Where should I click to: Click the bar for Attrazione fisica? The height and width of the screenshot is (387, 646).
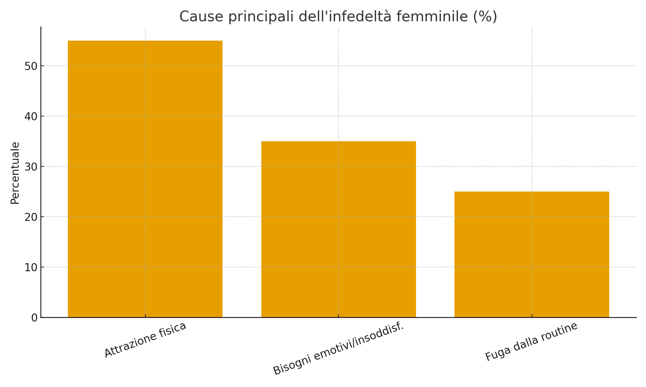coord(145,179)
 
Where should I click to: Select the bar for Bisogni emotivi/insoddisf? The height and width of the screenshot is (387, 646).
coord(339,229)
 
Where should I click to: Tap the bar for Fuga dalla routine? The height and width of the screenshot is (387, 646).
coord(532,254)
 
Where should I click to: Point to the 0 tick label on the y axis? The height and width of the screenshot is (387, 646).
coord(34,318)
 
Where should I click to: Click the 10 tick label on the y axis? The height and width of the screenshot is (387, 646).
coord(30,268)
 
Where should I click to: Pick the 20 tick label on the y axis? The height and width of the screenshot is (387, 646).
coord(30,217)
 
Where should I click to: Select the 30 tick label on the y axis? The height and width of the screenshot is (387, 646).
coord(30,167)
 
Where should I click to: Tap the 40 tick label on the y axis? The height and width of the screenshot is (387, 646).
coord(30,117)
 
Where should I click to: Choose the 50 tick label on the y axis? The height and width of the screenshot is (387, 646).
coord(30,66)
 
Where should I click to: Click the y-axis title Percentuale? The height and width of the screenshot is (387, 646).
coord(15,173)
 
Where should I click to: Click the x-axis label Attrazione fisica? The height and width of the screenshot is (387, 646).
coord(145,340)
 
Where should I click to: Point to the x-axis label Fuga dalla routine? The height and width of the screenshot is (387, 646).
coord(531,342)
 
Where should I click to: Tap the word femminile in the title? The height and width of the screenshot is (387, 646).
coord(431,16)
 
